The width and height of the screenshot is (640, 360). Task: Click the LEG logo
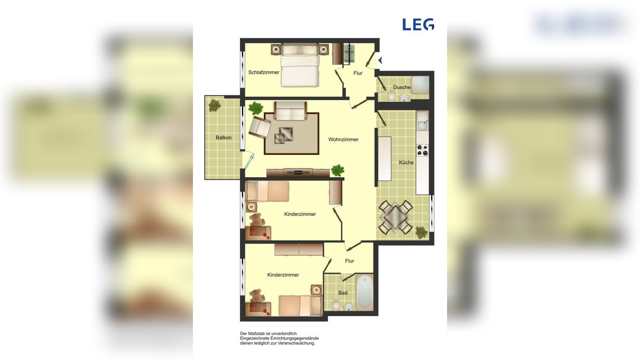418,25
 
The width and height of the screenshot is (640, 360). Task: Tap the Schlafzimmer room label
264,72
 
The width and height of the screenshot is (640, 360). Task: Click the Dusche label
402,87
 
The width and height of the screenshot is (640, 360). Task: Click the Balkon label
224,137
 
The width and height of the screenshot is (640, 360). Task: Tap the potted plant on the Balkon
214,105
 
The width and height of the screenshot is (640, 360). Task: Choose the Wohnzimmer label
343,140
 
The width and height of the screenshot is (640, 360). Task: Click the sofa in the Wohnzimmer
290,111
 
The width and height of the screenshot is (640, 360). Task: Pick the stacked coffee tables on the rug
284,135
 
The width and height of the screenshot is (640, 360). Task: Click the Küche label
406,162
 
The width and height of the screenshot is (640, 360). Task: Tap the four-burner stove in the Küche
422,150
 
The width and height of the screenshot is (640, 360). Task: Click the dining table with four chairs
395,217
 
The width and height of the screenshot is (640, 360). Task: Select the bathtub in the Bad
365,292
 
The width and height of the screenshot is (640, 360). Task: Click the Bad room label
343,293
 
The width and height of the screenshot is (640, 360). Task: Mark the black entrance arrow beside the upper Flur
380,60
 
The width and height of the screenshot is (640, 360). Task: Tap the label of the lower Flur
349,261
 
